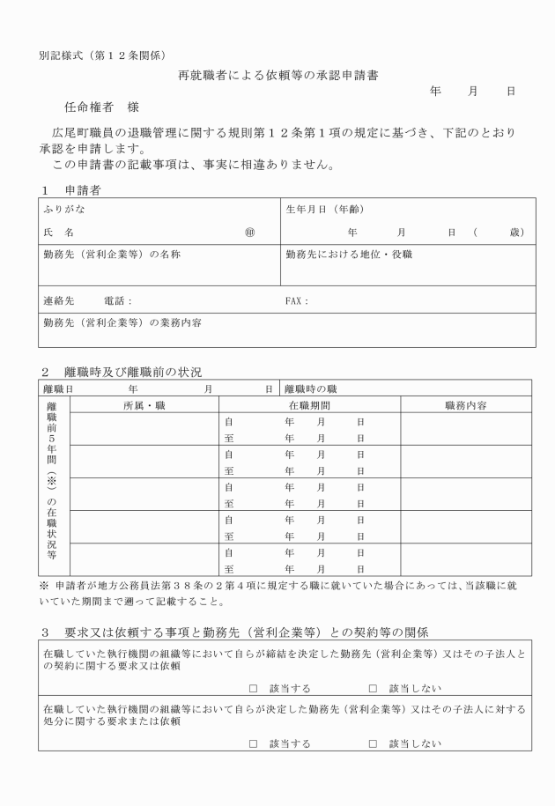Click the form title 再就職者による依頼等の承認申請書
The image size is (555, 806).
[278, 76]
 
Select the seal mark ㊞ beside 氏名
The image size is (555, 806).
[250, 233]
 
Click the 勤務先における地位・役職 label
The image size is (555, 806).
[349, 255]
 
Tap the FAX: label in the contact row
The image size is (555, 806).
[297, 300]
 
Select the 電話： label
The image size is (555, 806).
[117, 300]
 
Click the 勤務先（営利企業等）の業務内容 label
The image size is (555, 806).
[122, 322]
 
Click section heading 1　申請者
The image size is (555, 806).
[73, 189]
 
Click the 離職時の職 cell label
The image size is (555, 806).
[310, 388]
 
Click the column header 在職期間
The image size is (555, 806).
[309, 405]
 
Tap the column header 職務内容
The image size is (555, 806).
[467, 405]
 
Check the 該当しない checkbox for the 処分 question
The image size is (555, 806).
[373, 744]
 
